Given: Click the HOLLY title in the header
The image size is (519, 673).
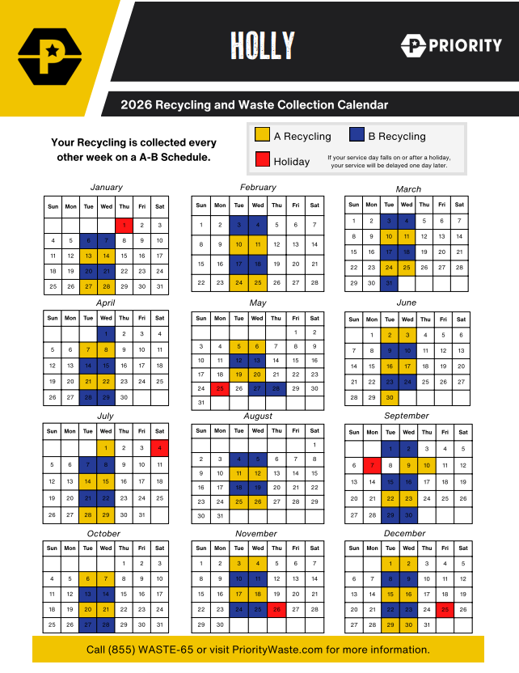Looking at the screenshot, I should pos(262,44).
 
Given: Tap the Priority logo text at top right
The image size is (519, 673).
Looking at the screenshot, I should pos(451,45).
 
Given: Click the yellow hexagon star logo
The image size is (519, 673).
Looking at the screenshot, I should pos(50,55).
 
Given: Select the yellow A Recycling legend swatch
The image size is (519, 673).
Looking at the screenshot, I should pos(262,136).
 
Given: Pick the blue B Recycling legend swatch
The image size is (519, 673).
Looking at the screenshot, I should pos(357,136).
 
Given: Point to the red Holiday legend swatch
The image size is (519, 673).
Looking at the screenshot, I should pos(262,160).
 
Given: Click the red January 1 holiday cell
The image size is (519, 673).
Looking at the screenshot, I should pos(124,225).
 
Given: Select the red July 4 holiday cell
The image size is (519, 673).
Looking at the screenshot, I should pos(159,447).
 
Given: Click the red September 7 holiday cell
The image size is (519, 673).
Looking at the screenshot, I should pos(372,465).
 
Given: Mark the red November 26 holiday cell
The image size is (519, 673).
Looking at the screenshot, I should pos(276,609).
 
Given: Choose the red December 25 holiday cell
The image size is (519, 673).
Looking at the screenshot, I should pos(445,609).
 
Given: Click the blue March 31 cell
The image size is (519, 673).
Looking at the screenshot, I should pos(390,283).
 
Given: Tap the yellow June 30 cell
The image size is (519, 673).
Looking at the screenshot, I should pos(390,398).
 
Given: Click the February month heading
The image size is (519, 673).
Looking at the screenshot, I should pos(258,187).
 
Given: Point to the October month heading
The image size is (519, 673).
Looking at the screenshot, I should pos(103,534).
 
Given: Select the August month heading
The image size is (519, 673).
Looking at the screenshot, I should pos(258,416).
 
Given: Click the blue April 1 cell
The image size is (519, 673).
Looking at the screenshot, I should pos(106,332).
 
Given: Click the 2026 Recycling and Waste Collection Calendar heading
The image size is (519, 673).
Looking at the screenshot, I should pos(255,105).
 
